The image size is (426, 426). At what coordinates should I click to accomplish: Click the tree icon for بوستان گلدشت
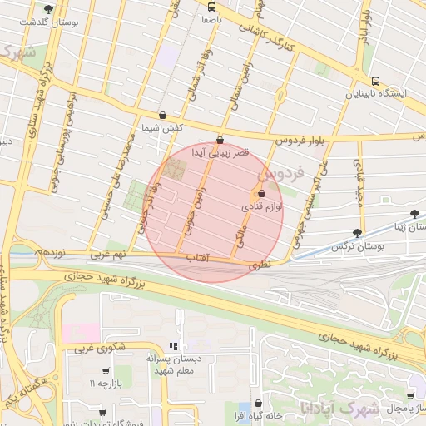pyautogui.click(x=49, y=9)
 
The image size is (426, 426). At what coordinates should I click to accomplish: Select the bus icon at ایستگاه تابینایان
pyautogui.click(x=376, y=82)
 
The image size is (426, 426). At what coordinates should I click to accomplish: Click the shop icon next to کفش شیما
pyautogui.click(x=161, y=116)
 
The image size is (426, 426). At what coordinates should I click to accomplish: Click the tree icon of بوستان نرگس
pyautogui.click(x=358, y=234)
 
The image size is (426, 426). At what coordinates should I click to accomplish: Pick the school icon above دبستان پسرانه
pyautogui.click(x=174, y=346)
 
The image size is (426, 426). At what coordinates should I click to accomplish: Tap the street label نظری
pyautogui.click(x=261, y=263)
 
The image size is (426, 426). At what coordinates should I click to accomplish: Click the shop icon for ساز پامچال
pyautogui.click(x=409, y=396)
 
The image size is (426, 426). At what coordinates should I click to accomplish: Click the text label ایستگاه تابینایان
pyautogui.click(x=376, y=94)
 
